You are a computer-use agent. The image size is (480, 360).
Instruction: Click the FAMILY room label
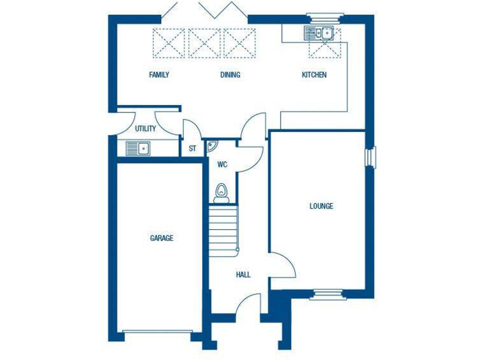click(x=159, y=75)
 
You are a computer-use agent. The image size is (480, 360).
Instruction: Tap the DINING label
click(x=230, y=75)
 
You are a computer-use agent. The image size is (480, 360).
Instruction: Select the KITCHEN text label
click(x=314, y=75)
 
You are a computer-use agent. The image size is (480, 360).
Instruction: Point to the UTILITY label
click(x=145, y=129)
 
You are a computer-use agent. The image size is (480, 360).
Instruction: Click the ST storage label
click(x=192, y=149)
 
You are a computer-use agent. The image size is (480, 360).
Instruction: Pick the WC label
click(x=222, y=165)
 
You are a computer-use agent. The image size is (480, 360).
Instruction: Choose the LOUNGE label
click(x=321, y=206)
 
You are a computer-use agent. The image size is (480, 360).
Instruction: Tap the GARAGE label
click(x=161, y=238)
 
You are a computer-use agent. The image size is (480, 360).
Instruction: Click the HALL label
click(x=243, y=274)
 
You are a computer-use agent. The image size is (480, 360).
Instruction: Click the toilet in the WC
click(x=221, y=192)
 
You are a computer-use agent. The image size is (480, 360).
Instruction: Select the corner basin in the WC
click(x=212, y=146)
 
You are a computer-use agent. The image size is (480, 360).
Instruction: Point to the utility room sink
click(x=138, y=148)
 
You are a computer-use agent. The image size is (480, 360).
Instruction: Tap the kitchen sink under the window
click(x=319, y=32)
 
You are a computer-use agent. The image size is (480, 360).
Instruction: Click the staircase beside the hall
click(x=224, y=227)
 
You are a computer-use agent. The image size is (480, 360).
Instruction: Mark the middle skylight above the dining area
click(x=204, y=43)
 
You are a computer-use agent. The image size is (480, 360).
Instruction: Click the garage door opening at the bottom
click(x=156, y=331)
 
